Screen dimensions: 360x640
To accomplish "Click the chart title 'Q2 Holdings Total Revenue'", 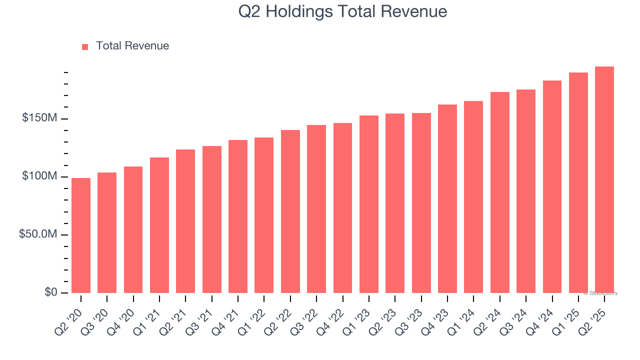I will point(342,11).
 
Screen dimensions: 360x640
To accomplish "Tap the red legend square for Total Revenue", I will point(85,46).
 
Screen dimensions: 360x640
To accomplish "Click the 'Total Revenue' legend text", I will point(132,46).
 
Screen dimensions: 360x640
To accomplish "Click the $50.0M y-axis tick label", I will point(38,234).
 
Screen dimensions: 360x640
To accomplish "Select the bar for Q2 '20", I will point(81,235).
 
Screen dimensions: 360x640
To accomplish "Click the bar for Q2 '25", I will point(604,180).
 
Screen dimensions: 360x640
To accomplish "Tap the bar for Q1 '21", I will point(159,225).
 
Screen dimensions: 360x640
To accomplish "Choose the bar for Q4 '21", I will point(238,216).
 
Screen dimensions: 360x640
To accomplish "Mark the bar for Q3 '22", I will point(316,209).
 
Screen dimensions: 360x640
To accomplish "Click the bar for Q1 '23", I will point(369,204).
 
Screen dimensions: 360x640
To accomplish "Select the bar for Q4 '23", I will point(447,198).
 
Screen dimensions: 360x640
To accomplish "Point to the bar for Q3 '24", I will point(526,191).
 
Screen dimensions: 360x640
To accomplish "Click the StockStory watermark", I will point(600,293).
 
